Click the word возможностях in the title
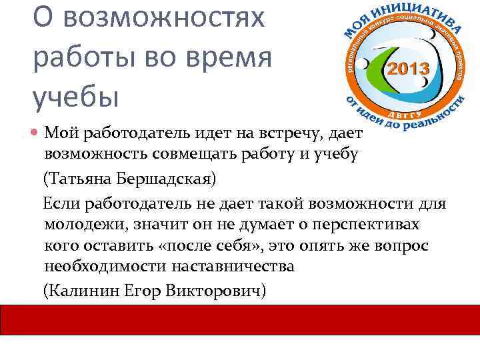[x=169, y=19]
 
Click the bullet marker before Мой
[x=37, y=133]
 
